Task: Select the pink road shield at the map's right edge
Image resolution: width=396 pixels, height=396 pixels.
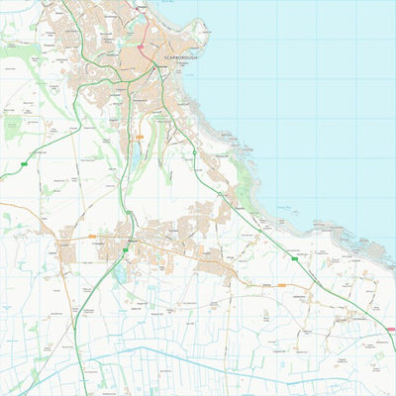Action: [x=391, y=329]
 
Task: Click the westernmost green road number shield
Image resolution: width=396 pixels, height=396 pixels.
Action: [x=23, y=162]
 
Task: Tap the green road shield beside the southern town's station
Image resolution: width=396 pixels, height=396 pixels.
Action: [x=125, y=250]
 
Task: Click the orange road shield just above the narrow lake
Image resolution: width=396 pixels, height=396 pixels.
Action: [x=140, y=137]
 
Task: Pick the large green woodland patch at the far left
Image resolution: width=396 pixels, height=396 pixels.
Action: [x=13, y=127]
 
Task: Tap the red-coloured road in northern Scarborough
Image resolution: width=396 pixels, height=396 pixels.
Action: [x=146, y=30]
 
